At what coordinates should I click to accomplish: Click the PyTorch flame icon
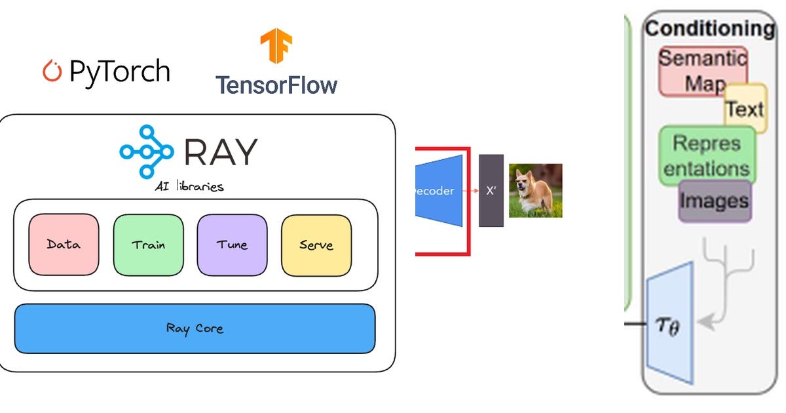pos(52,71)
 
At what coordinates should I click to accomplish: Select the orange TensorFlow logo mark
pos(276,46)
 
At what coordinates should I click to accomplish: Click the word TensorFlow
pos(276,85)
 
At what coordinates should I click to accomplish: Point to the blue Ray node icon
pos(146,151)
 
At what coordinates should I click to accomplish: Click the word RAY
pos(221,151)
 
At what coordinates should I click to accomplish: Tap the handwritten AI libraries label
pos(190,186)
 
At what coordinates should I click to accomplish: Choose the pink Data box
pos(64,245)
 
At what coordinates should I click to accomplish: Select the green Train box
pos(148,245)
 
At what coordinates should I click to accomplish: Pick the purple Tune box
pos(232,245)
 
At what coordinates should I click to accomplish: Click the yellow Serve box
pos(316,245)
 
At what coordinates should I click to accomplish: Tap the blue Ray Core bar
pos(195,328)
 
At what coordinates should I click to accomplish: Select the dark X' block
pos(491,191)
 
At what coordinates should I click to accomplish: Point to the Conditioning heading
pos(709,28)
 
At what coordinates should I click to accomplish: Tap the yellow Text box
pos(745,108)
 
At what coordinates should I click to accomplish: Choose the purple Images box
pos(715,201)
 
